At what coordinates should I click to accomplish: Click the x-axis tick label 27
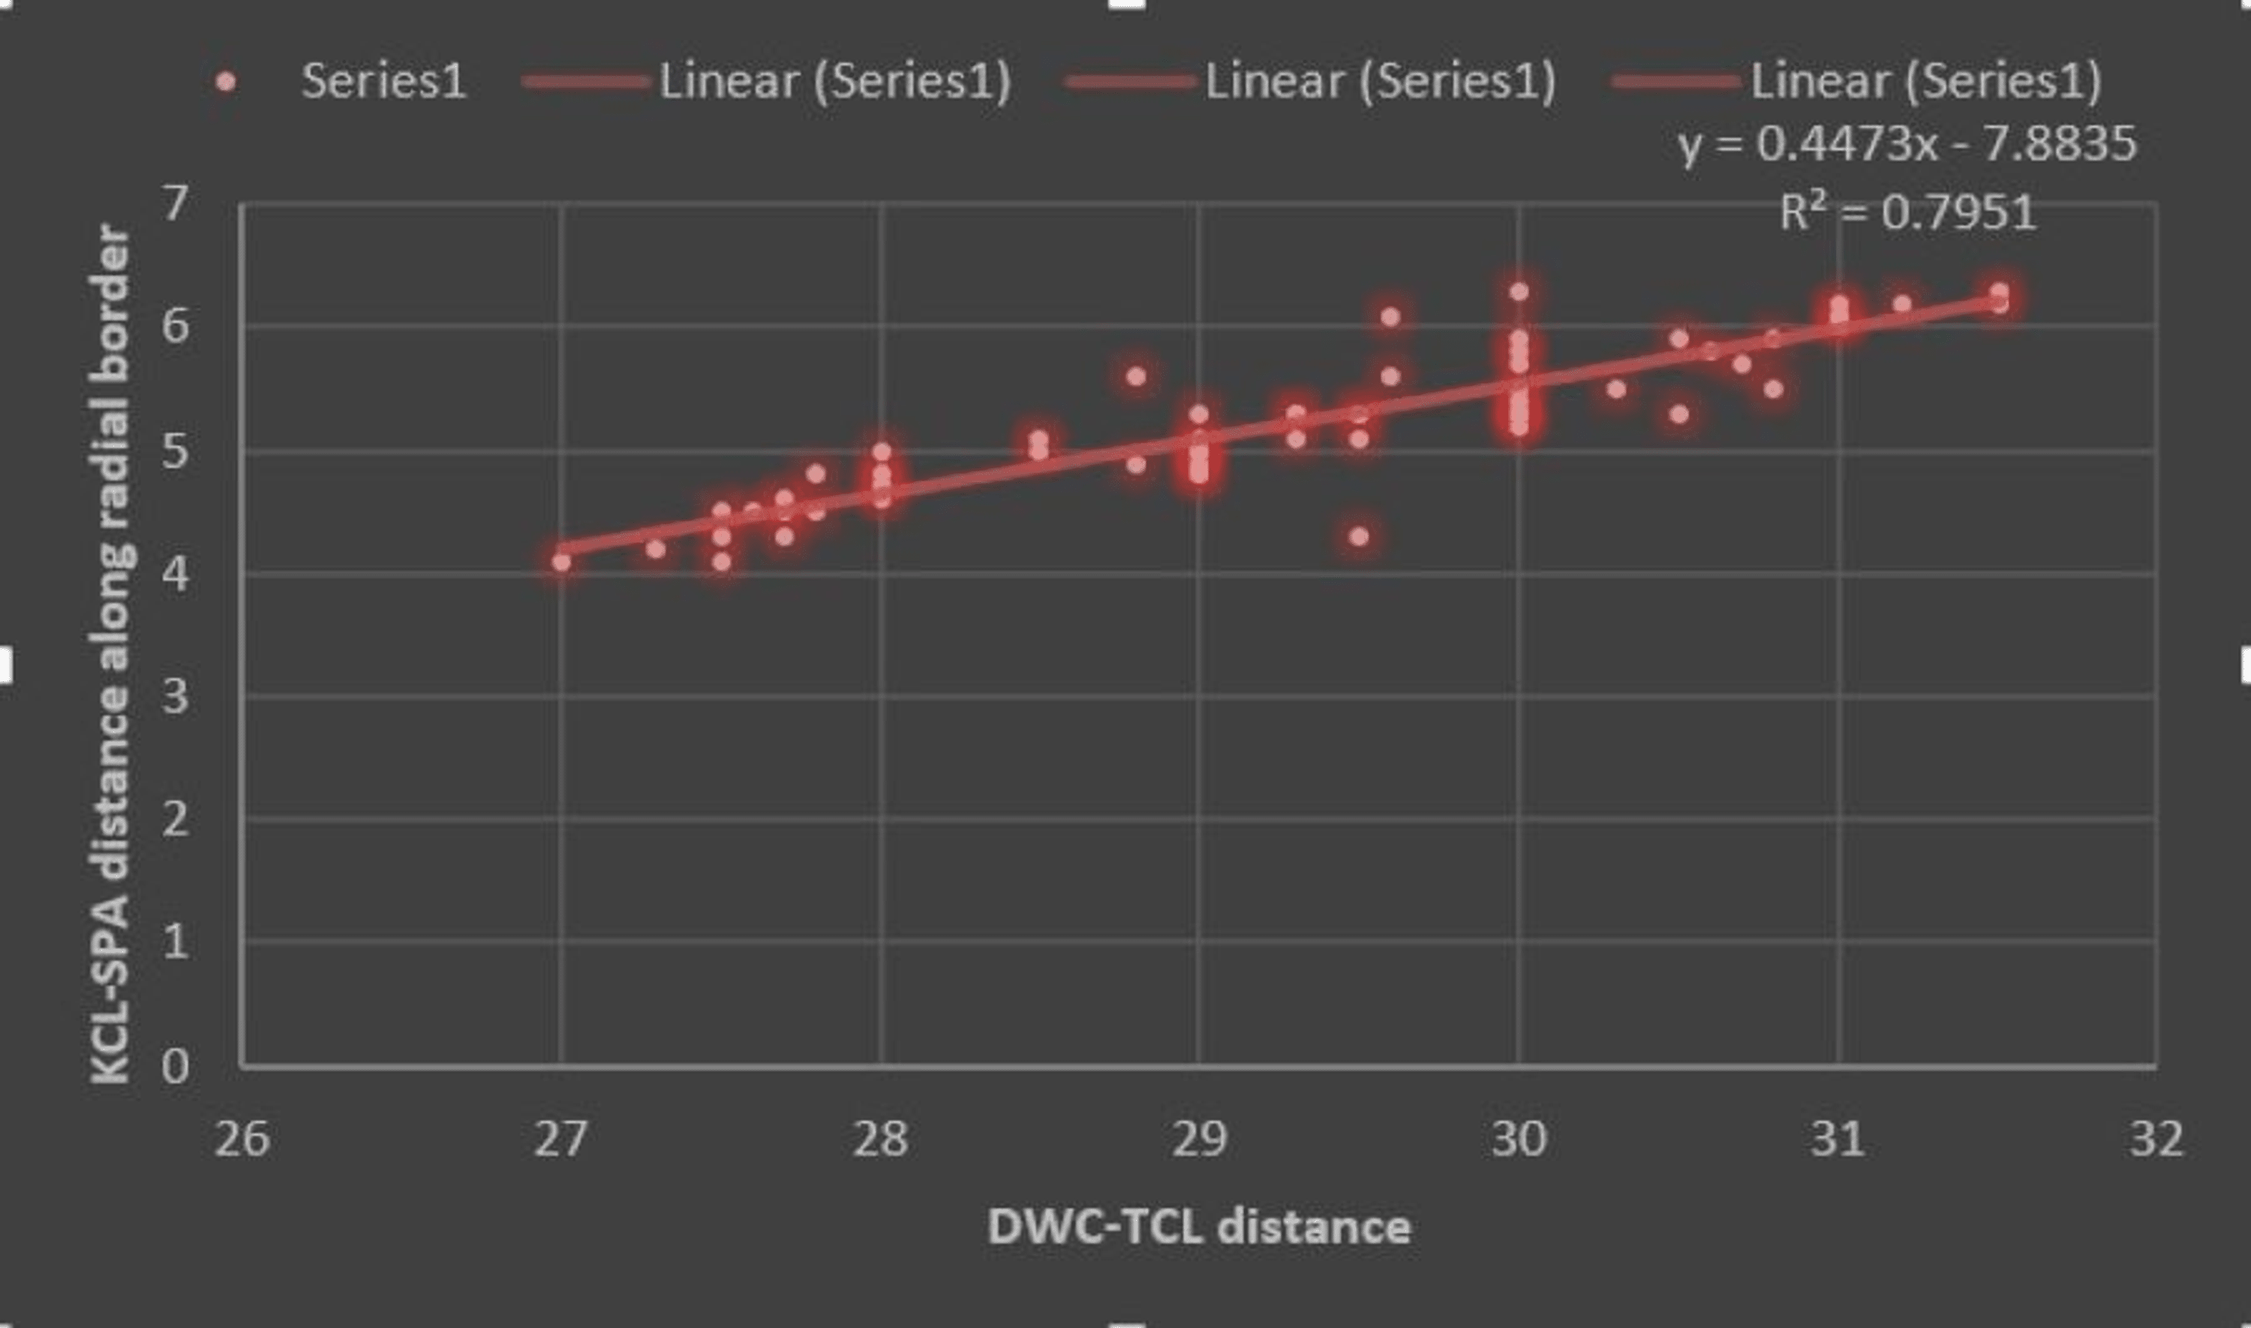click(x=561, y=1139)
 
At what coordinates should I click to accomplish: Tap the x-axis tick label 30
click(x=1518, y=1139)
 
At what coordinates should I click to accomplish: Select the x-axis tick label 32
click(x=2156, y=1139)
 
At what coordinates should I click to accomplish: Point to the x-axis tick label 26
click(x=242, y=1139)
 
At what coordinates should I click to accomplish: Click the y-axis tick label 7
click(x=176, y=204)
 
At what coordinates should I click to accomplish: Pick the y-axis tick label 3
click(x=176, y=696)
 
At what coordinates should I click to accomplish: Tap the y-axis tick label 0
click(x=176, y=1067)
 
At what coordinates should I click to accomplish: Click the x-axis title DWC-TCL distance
click(x=1199, y=1226)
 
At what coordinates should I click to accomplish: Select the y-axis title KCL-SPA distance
click(x=113, y=653)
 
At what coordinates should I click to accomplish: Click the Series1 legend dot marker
click(x=227, y=83)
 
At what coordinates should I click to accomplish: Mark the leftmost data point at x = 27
click(x=561, y=562)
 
